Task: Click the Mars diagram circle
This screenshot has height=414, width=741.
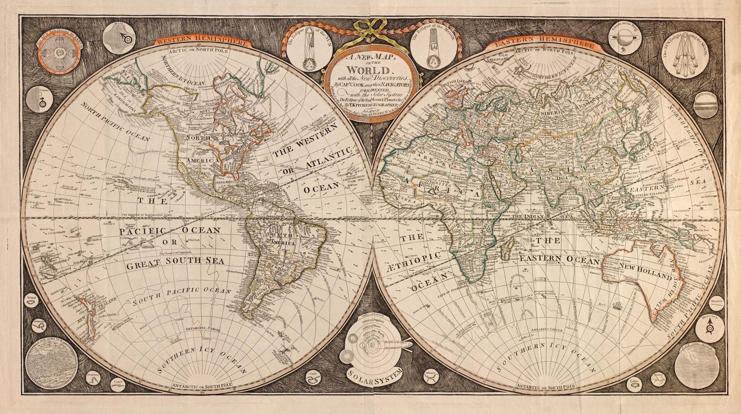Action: pos(120,38)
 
